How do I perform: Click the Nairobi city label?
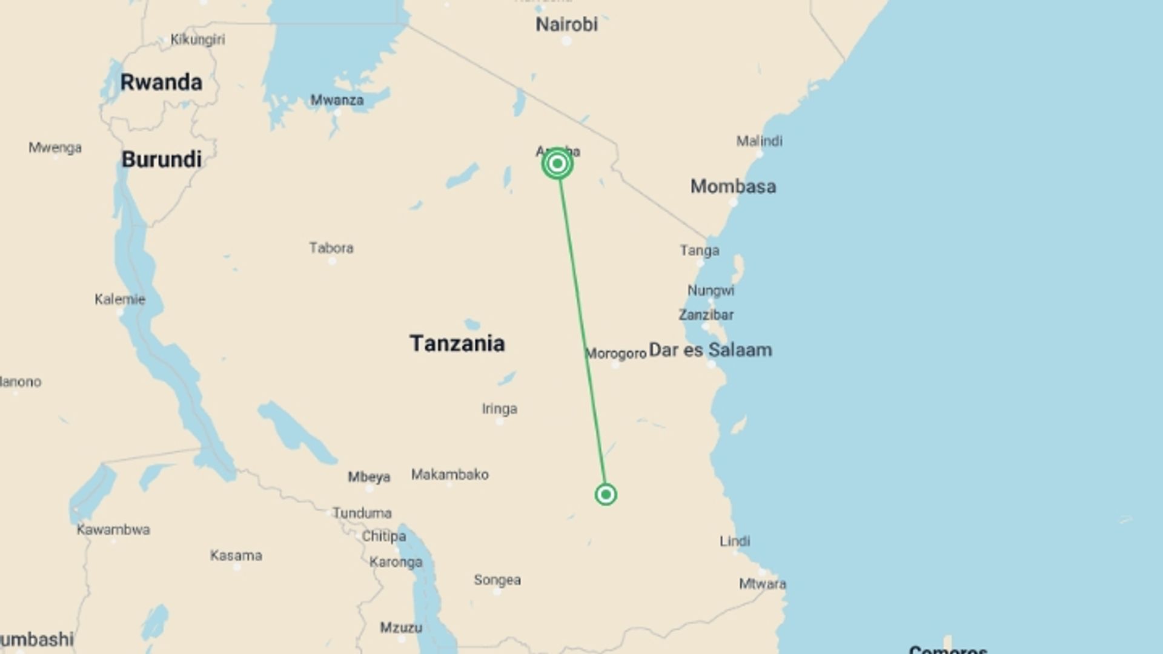pos(566,25)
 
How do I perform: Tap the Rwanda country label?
pos(161,82)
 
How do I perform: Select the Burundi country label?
pos(161,160)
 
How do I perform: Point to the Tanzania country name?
pos(457,343)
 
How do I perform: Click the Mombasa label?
pos(733,187)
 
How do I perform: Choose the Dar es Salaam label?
pos(710,350)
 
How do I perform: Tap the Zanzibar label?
pos(706,315)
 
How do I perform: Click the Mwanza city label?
pos(337,101)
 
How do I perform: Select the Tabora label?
pos(331,248)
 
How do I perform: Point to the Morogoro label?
pos(616,354)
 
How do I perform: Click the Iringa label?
pos(499,409)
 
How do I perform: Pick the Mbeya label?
pos(369,477)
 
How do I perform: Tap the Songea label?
pos(497,580)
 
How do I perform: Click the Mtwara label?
pos(762,584)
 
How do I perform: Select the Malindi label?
pos(759,141)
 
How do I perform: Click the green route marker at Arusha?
pos(557,163)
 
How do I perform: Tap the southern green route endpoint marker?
pos(606,495)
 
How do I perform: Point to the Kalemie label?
pos(120,299)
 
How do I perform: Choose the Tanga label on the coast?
pos(699,251)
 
